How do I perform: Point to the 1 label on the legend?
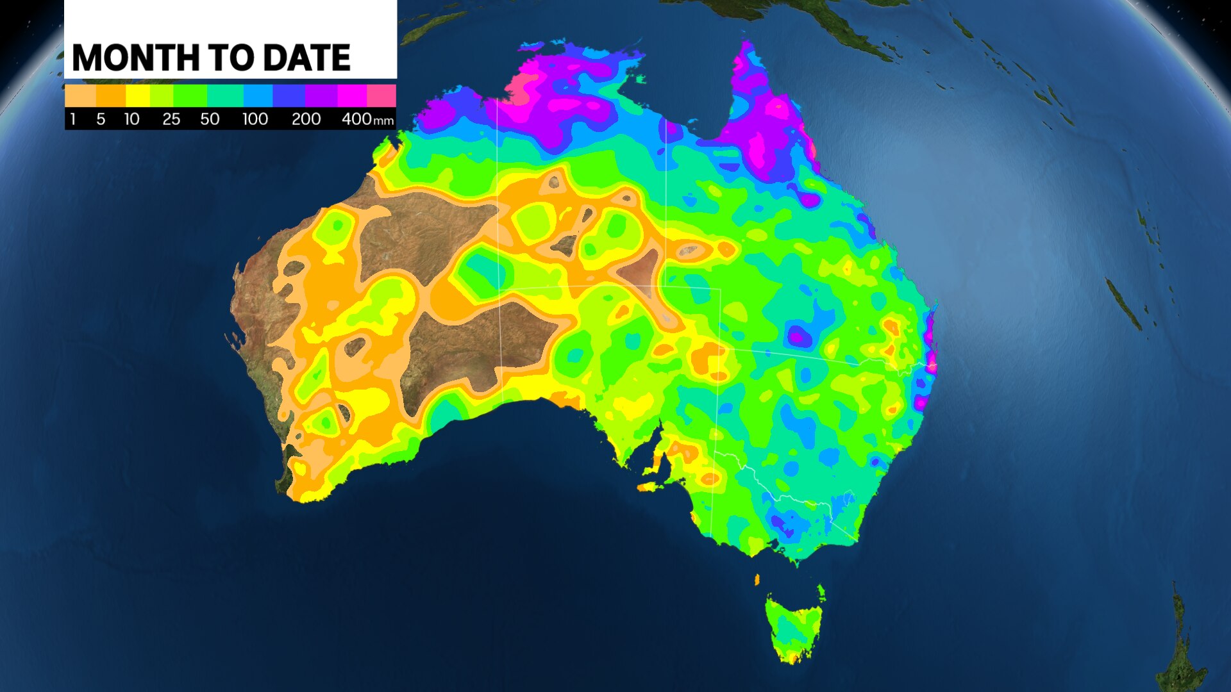click(73, 119)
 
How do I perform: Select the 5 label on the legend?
click(101, 119)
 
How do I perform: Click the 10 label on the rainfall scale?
click(131, 119)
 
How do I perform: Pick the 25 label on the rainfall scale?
click(171, 119)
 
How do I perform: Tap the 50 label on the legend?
click(210, 119)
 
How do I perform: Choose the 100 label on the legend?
click(255, 119)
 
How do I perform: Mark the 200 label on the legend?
click(306, 119)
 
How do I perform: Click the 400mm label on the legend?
click(367, 119)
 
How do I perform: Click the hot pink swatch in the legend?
click(381, 96)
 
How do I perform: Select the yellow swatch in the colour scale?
click(138, 96)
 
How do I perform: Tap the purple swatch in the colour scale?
click(321, 96)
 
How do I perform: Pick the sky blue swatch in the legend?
click(258, 96)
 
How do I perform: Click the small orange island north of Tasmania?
click(757, 580)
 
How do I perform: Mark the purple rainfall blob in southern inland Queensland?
click(799, 336)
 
